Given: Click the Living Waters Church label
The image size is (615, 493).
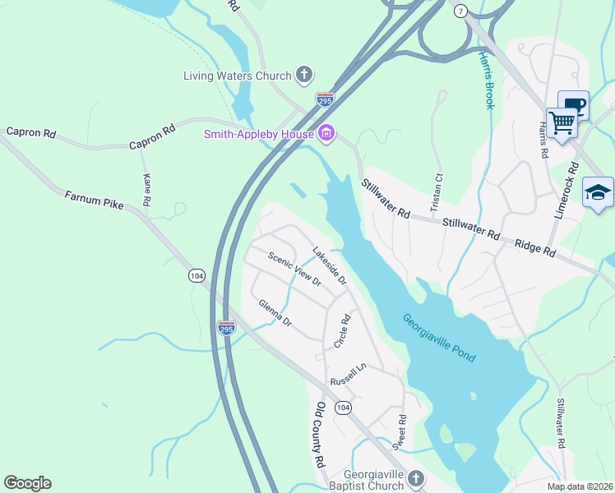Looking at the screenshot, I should pos(237,76).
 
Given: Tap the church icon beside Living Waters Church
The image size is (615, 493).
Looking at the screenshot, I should pos(304,76).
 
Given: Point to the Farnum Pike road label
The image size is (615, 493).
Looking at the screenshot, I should pos(94,200).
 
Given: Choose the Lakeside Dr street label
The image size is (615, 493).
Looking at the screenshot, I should pos(330,265).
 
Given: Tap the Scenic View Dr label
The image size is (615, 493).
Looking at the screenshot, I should pos(294,269).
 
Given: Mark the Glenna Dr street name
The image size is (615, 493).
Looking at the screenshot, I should pos(275,313).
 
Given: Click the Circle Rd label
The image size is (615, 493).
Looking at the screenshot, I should pos(343,331).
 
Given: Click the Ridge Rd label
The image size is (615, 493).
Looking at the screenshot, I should pos(535,249).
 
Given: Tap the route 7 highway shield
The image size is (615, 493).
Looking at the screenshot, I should pos(460,11).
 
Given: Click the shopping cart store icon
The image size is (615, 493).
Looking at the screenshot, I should pos(562,123).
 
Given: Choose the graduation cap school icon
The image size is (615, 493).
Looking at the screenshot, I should pos(598,194).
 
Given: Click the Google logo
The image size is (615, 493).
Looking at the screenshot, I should pos(27,483).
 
